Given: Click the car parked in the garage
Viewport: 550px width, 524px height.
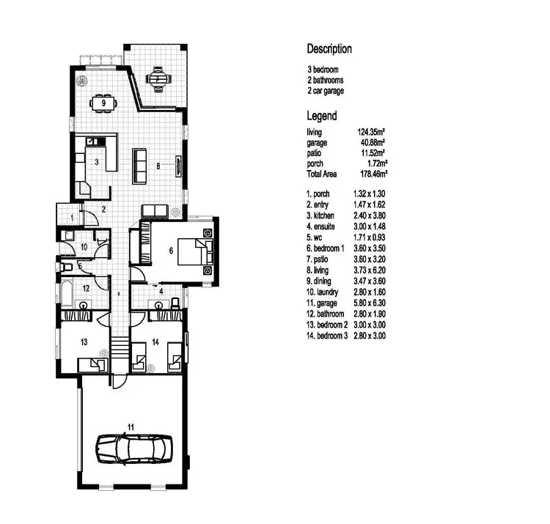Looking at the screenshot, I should point(134,446).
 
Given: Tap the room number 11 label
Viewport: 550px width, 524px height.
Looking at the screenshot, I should point(131,426).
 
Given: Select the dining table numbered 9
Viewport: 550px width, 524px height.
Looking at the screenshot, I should point(105,103).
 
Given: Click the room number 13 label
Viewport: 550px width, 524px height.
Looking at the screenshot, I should point(84,342).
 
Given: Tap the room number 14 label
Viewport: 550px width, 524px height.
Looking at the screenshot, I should point(155,342).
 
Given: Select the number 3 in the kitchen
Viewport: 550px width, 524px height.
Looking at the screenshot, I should point(97,161).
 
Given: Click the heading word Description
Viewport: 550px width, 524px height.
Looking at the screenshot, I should point(329,49).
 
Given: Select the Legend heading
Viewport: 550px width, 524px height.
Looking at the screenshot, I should point(321,116).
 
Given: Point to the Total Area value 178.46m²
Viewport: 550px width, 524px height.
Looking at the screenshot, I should point(373,174).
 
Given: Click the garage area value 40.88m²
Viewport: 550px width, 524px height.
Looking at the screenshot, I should point(372,143).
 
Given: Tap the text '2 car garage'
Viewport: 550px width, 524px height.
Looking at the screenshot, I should point(326,91).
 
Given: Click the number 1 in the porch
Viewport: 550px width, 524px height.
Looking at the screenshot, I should point(72,218).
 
